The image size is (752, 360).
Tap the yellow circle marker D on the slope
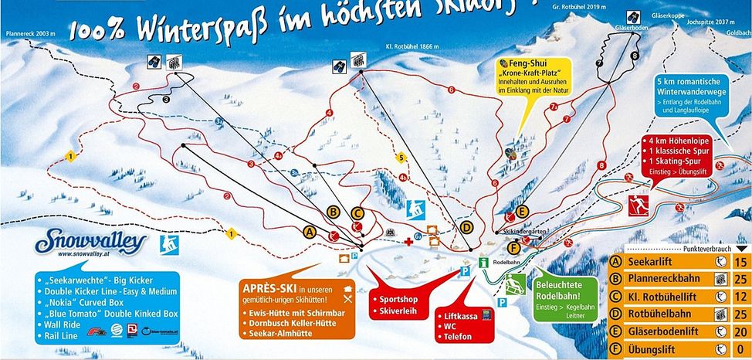click(x=466, y=228)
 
